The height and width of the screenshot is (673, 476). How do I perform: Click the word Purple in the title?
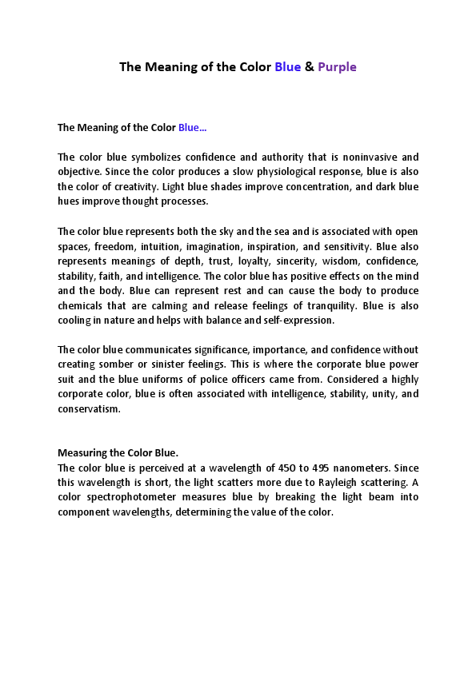coord(337,67)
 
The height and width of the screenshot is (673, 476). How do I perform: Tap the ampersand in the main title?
coord(309,67)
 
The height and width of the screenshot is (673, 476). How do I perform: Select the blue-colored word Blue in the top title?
coord(287,67)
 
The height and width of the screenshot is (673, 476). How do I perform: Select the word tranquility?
coord(327,306)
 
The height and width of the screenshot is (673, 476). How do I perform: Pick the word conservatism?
coord(89,409)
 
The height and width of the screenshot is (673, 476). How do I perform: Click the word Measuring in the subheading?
coord(82,453)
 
